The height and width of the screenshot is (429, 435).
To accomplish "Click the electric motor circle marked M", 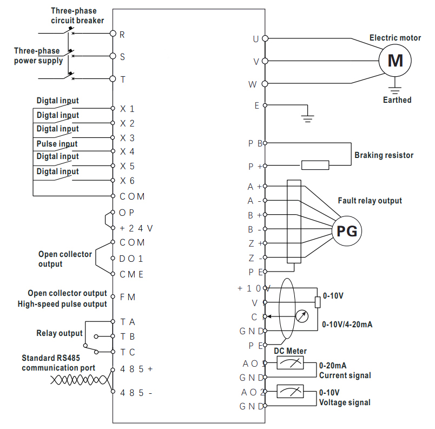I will pyautogui.click(x=396, y=60).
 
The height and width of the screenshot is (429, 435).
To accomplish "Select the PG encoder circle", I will pyautogui.click(x=347, y=232).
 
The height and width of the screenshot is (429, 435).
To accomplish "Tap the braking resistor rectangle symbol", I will pyautogui.click(x=315, y=166).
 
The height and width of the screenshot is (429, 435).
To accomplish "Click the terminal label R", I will pyautogui.click(x=122, y=34).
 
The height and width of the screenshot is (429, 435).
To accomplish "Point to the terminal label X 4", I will pyautogui.click(x=127, y=151).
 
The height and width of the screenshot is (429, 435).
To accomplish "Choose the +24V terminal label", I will pyautogui.click(x=136, y=228).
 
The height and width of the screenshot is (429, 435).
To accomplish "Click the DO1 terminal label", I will pyautogui.click(x=131, y=259).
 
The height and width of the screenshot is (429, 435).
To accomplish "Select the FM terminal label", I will pyautogui.click(x=128, y=297).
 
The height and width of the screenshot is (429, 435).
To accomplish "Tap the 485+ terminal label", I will pyautogui.click(x=136, y=369).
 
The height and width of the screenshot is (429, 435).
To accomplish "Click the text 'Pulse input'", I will pyautogui.click(x=57, y=144).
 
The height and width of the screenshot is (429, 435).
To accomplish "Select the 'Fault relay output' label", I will pyautogui.click(x=370, y=201).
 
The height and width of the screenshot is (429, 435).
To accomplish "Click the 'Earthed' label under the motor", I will pyautogui.click(x=397, y=100).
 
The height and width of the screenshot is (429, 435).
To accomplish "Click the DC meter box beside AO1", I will pyautogui.click(x=290, y=364).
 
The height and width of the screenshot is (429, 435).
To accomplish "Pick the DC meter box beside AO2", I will pyautogui.click(x=290, y=391).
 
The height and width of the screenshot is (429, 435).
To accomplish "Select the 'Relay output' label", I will pyautogui.click(x=60, y=333).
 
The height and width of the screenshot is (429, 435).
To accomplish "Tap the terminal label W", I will pyautogui.click(x=253, y=84).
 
